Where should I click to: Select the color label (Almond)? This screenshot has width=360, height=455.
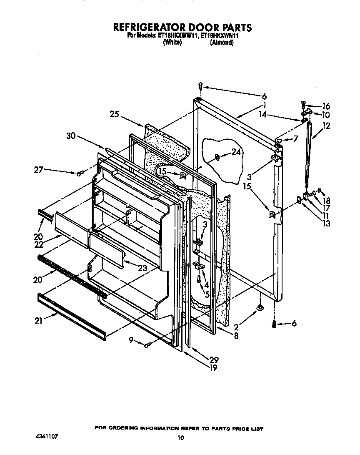pyautogui.click(x=222, y=43)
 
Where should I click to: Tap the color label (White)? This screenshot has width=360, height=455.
pyautogui.click(x=172, y=43)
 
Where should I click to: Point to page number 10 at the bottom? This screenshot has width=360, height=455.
pyautogui.click(x=180, y=437)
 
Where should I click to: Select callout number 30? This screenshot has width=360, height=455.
pyautogui.click(x=72, y=136)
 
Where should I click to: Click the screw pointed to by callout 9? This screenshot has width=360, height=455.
pyautogui.click(x=147, y=345)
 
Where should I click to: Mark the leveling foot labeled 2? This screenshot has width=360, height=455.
pyautogui.click(x=259, y=308)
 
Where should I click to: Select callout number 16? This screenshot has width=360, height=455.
pyautogui.click(x=325, y=106)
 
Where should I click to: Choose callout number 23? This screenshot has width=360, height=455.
pyautogui.click(x=142, y=268)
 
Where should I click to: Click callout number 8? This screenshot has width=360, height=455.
pyautogui.click(x=236, y=334)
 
